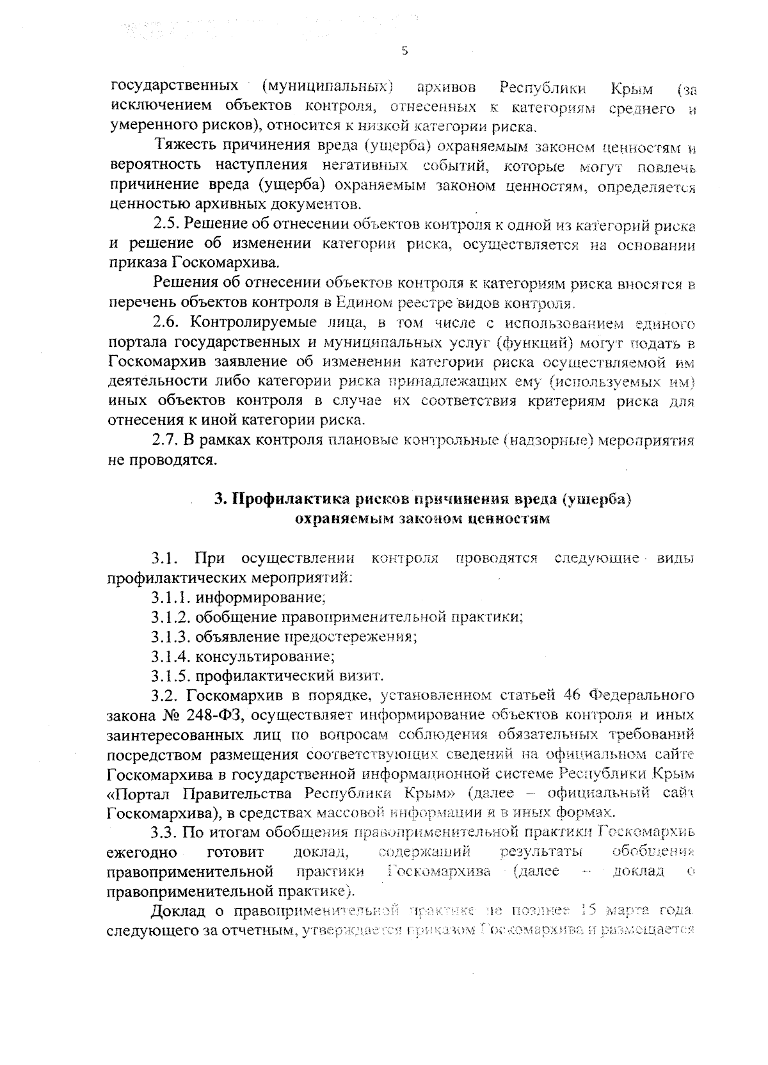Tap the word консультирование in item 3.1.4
pyautogui.click(x=265, y=656)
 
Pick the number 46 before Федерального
pyautogui.click(x=571, y=695)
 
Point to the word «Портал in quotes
pyautogui.click(x=139, y=794)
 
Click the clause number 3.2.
pyautogui.click(x=166, y=695)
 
